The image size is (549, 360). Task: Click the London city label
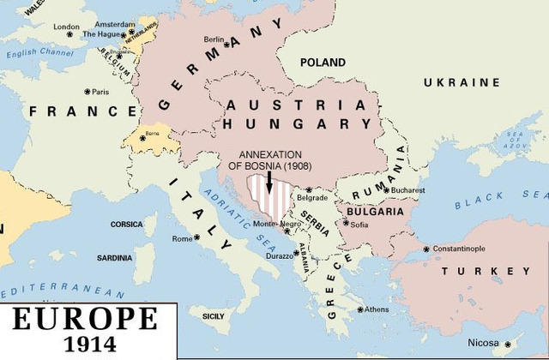point(66,27)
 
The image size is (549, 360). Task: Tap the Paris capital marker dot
point(87,91)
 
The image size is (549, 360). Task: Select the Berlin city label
point(214,39)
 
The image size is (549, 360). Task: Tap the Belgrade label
point(311,197)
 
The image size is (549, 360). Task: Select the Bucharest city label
point(407,189)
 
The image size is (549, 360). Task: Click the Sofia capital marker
point(347,224)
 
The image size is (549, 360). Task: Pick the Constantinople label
point(469,249)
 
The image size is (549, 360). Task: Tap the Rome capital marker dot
point(196,237)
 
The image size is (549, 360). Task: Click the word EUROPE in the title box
point(83,319)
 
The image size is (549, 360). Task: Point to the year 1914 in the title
point(84,345)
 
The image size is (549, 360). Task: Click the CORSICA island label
point(127,225)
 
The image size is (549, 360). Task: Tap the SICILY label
point(213,316)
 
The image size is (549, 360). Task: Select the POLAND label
point(323,63)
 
